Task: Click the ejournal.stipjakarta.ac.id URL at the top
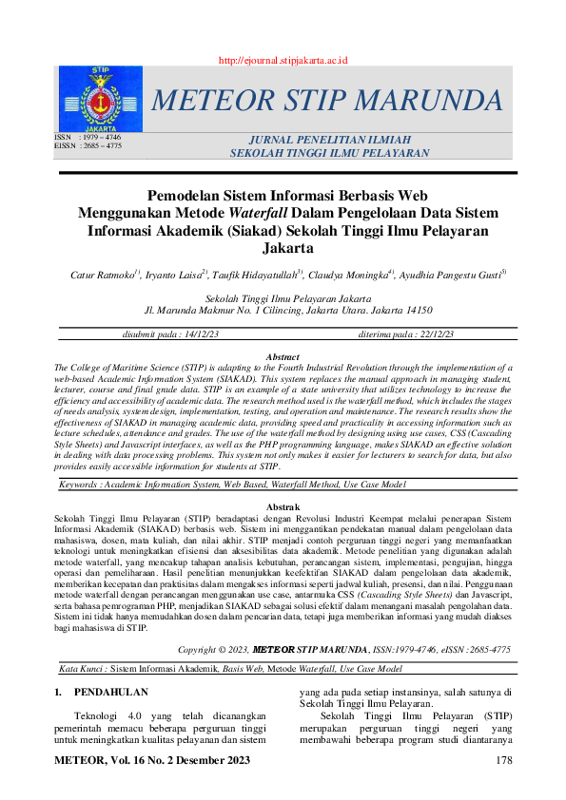click(283, 60)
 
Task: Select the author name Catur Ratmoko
click(105, 276)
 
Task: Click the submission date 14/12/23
click(199, 334)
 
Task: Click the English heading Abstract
click(282, 356)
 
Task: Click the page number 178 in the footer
click(505, 761)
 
